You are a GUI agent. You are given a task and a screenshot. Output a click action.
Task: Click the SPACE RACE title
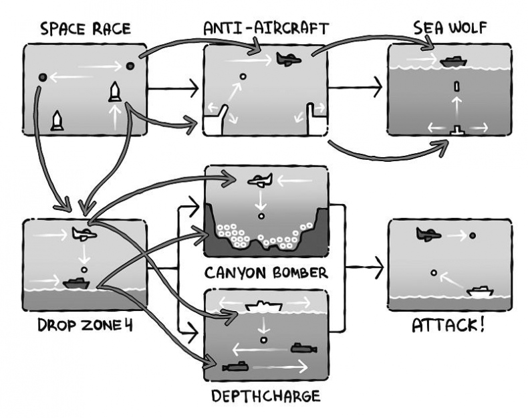[86, 29]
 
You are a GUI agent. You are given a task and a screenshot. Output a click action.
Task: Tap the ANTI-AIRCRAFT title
[265, 28]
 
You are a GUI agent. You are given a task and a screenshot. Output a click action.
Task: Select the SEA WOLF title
[449, 28]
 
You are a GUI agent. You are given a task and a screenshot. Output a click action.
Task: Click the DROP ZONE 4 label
[82, 328]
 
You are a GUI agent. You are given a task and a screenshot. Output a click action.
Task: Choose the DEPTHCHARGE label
[266, 396]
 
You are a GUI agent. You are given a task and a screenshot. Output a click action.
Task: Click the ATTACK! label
[448, 328]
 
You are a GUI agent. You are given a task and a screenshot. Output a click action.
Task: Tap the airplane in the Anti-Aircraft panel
[288, 59]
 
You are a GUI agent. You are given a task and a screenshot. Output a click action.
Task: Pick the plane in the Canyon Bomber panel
[260, 180]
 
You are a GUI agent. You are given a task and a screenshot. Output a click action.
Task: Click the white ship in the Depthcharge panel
[265, 306]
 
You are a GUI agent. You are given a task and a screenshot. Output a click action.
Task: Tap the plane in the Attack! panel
[428, 234]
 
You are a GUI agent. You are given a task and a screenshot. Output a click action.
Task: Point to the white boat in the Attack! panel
[480, 291]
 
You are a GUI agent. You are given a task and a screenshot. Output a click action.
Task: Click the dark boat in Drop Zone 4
[76, 284]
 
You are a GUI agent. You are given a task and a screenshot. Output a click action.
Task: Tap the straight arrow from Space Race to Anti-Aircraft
[172, 87]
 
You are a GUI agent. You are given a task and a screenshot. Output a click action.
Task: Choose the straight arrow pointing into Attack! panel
[365, 269]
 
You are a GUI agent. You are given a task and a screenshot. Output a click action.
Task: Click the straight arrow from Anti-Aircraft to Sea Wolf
[355, 87]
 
